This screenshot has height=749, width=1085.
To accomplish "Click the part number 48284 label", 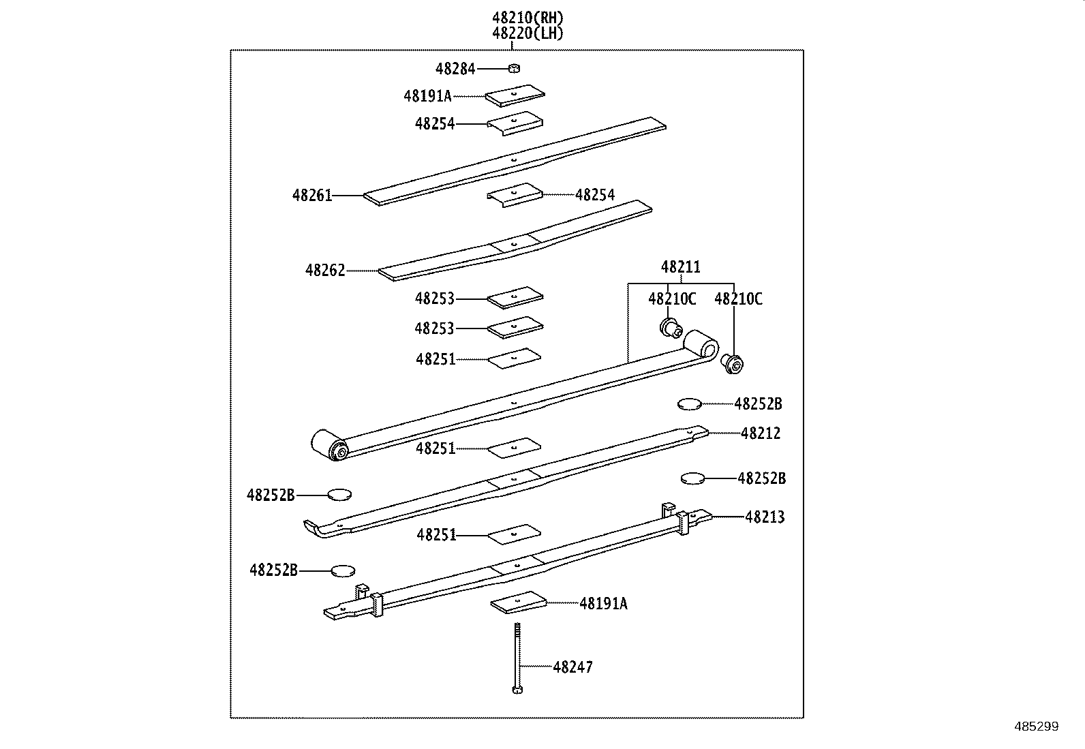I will coord(455,69).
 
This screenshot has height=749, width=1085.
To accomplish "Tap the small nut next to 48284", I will coord(515,68).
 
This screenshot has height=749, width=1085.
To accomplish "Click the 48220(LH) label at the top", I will coord(528,33).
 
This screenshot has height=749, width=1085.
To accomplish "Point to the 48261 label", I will coord(312,196).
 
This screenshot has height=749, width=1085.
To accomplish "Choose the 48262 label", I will coord(325,271).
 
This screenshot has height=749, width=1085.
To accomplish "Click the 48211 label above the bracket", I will coord(680,267).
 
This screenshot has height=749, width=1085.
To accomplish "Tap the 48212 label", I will coord(761,433).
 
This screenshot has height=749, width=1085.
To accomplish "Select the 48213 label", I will coord(765,517).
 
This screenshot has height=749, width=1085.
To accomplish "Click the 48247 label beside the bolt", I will coord(572,667).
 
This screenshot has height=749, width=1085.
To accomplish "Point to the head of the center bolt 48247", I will coord(516,690).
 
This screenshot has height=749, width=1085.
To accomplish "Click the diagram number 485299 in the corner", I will coord(1036,727).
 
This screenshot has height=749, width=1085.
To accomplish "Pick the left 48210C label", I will coord(672,299).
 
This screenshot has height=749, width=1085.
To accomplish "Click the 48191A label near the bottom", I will coord(603,603).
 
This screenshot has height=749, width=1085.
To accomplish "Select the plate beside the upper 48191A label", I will coord(515,95).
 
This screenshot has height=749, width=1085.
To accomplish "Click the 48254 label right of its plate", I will coord(594,195).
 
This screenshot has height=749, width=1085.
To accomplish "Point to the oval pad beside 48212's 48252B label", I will coord(689,404).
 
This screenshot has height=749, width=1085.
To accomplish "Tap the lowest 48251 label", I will coord(436,535).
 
